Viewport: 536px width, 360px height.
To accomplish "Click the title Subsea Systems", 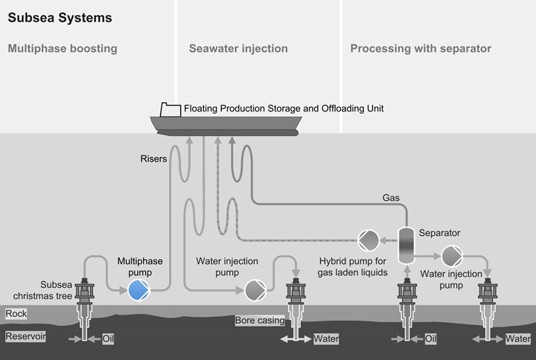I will point(49,17).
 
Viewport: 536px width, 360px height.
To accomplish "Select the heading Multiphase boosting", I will point(63,49).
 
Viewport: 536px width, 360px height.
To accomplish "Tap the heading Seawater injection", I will point(237,49).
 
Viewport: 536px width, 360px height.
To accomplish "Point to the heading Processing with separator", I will point(421,49).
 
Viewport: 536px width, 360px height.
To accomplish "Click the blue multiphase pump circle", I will point(138,289).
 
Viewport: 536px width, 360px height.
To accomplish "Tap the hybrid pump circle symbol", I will point(368,240).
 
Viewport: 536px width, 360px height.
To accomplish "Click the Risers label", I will point(154,158).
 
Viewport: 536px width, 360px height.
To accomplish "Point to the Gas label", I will point(391,199).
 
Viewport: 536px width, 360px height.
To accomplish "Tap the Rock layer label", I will point(16,314).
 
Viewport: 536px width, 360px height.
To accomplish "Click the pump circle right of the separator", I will point(452,256).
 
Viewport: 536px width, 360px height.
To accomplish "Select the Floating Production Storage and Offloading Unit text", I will point(284,109).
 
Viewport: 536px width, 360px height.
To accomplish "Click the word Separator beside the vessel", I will point(439,233).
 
